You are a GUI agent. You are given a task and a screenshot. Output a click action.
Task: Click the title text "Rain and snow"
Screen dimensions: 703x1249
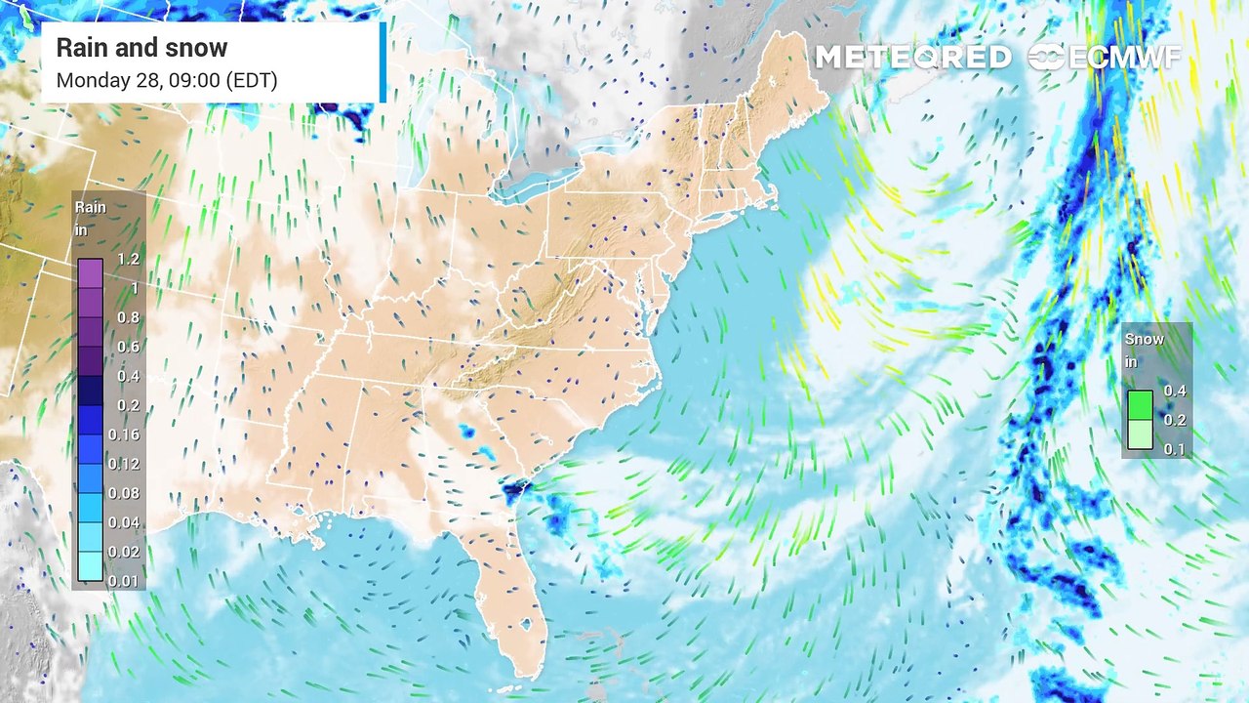(141, 48)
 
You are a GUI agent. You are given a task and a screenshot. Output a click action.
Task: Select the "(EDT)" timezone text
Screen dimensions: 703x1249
(252, 80)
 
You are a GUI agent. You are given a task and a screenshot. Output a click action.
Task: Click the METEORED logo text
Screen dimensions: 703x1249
(912, 57)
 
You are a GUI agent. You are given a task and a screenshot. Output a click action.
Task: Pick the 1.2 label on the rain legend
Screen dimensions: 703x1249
(128, 260)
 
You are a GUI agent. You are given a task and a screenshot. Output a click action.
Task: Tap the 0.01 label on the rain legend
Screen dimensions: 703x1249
(124, 581)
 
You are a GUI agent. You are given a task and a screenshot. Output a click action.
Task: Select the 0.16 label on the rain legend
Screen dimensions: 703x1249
(124, 434)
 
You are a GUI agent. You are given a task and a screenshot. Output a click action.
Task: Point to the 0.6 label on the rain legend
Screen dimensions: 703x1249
(128, 347)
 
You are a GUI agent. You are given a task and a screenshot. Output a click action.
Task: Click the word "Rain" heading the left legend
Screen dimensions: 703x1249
(91, 208)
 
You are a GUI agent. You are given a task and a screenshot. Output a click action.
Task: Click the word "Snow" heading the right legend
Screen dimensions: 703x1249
(1144, 340)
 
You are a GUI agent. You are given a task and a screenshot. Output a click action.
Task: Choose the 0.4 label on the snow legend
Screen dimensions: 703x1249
(1174, 392)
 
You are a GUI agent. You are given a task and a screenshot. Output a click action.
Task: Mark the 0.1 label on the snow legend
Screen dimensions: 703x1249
(1174, 449)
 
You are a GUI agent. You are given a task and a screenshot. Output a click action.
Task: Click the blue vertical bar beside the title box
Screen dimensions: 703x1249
(383, 62)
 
